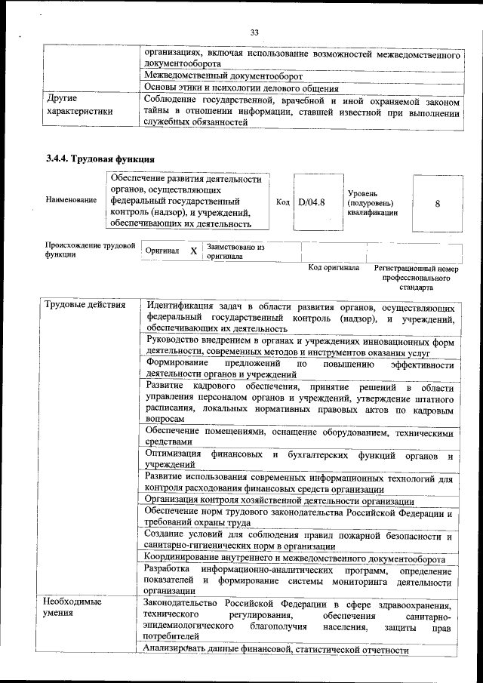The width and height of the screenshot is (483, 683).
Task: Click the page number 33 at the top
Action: click(x=254, y=32)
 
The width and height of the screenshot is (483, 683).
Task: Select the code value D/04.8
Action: click(x=311, y=202)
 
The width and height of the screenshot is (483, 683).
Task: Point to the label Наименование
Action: click(x=71, y=200)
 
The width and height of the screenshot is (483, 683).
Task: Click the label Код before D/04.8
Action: click(x=282, y=202)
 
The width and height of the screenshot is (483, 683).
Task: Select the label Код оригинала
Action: click(x=334, y=268)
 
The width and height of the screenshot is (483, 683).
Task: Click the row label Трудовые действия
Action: click(x=79, y=306)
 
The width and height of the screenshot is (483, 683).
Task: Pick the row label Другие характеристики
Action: click(x=79, y=105)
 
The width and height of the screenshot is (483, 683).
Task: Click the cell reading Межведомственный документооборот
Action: click(x=223, y=76)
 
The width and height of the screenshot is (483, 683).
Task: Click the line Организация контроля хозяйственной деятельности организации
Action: click(x=278, y=501)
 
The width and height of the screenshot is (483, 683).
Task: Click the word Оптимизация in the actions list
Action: click(x=174, y=455)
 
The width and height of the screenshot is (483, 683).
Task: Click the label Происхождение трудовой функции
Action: click(x=90, y=250)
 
